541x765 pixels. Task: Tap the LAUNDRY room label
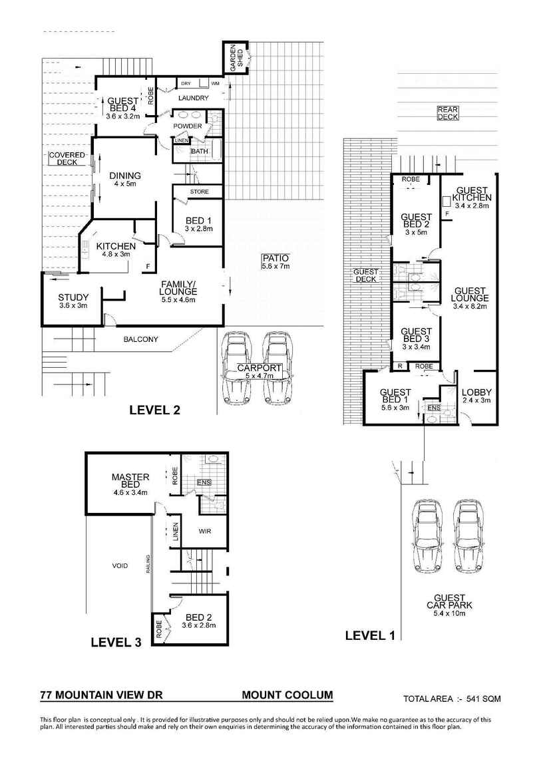[194, 98]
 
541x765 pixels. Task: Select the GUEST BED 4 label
[122, 108]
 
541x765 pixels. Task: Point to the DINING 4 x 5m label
[125, 180]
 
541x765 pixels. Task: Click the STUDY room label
[69, 301]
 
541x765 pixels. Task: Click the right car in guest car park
[468, 535]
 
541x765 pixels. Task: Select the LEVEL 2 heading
[154, 410]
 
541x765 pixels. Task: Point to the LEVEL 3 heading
[116, 642]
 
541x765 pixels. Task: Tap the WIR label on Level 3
[205, 532]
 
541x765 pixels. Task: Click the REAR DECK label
[447, 113]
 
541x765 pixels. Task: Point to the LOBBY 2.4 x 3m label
[476, 396]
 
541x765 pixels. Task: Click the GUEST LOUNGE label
[470, 298]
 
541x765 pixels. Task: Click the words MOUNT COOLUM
[287, 695]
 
